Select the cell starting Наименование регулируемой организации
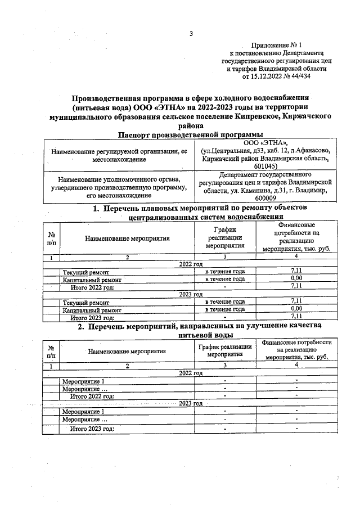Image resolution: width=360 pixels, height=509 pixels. [118, 156]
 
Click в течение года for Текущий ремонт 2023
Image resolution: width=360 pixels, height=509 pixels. [224, 301]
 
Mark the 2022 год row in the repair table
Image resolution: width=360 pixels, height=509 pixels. [190, 264]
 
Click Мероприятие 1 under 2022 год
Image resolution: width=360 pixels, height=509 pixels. [83, 381]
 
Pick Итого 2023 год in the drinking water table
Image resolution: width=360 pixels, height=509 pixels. [92, 429]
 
